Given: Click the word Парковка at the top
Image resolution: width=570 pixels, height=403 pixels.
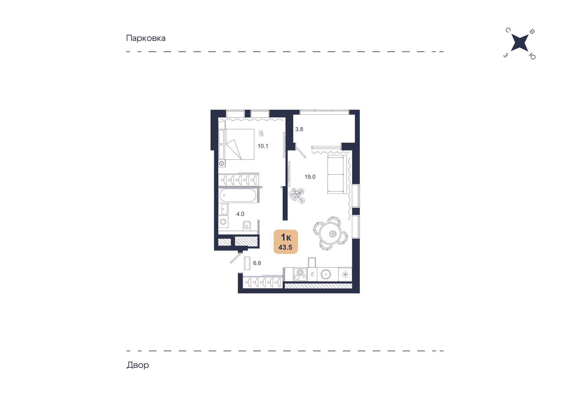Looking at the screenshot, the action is click(146, 38).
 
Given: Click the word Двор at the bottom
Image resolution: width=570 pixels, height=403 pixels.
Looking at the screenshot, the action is click(138, 365).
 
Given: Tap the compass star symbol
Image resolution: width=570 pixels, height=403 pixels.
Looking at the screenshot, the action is click(520, 43).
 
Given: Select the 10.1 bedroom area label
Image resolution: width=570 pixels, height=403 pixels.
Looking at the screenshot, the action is click(263, 146).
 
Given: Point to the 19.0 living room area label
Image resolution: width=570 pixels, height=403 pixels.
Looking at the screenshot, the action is click(310, 177).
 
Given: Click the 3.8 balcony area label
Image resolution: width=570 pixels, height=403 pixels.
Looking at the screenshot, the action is click(299, 129).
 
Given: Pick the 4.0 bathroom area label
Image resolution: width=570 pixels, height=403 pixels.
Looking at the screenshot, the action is click(240, 214).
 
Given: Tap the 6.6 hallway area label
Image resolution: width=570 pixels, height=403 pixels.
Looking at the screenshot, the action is click(257, 263).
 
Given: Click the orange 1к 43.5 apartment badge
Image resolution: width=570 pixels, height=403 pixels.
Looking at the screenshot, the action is click(286, 242).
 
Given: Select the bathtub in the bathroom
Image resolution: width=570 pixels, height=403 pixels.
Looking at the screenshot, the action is click(238, 195).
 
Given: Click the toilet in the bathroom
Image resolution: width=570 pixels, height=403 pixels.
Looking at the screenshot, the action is click(247, 226).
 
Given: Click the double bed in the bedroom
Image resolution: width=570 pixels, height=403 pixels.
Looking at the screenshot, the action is click(237, 144).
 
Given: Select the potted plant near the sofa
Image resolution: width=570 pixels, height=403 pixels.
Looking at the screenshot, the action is click(297, 195).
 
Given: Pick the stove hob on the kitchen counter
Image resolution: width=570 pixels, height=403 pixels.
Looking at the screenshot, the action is click(300, 274).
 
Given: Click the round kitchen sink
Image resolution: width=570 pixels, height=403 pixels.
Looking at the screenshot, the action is click(326, 274).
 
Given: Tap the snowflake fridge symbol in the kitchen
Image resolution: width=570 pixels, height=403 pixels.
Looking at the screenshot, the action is click(345, 274).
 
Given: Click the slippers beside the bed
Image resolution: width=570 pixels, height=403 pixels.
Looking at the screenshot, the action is click(261, 133).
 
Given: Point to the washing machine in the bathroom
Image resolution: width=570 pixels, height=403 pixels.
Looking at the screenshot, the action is click(223, 221).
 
